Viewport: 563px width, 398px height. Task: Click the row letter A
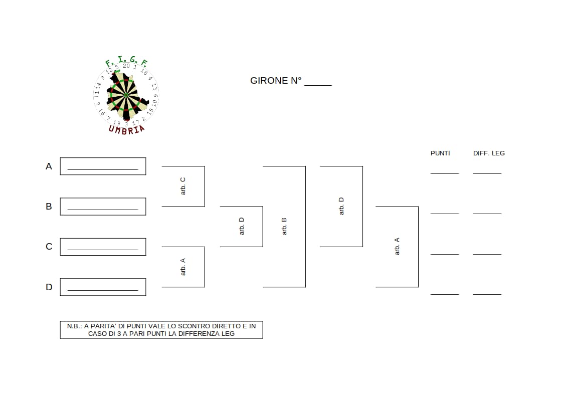point(49,166)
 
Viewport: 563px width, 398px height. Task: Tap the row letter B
point(49,207)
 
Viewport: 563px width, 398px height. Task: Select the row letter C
point(49,247)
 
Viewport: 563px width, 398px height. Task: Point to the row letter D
point(49,287)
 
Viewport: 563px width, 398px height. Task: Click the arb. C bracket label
point(183,186)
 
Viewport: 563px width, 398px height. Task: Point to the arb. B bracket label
point(284,227)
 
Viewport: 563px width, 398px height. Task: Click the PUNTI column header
point(440,153)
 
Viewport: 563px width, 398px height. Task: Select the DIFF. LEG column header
point(489,153)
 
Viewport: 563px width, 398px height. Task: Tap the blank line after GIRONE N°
point(318,85)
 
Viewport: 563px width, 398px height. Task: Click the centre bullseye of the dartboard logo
point(126,95)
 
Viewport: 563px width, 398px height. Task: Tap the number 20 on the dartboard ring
point(126,66)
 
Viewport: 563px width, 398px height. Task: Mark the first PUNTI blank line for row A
point(445,174)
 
